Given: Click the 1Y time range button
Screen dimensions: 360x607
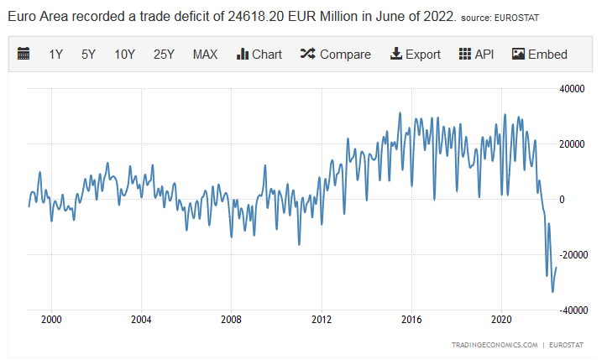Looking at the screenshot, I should (x=56, y=55).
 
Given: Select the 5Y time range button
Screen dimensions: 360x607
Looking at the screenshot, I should (x=88, y=55).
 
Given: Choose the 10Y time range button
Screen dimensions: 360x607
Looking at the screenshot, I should (x=124, y=55).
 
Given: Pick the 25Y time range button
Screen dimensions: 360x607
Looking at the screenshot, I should (x=164, y=55).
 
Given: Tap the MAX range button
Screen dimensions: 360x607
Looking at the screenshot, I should (x=205, y=55).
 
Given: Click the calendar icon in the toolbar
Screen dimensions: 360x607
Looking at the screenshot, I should (x=24, y=55).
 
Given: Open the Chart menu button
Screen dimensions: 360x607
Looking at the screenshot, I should (x=259, y=55).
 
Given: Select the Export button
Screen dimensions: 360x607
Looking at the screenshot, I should (x=415, y=55).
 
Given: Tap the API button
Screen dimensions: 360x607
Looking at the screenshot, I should (x=476, y=55).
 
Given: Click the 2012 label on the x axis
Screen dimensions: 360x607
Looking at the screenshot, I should (x=321, y=319).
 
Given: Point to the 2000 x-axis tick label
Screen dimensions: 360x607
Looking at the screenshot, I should (x=51, y=319).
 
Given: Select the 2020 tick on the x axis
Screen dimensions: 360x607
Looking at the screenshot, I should (x=501, y=319).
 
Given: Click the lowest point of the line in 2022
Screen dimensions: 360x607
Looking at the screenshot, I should (x=552, y=292).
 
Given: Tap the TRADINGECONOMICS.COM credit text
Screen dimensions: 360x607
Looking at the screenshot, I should (x=494, y=345).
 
